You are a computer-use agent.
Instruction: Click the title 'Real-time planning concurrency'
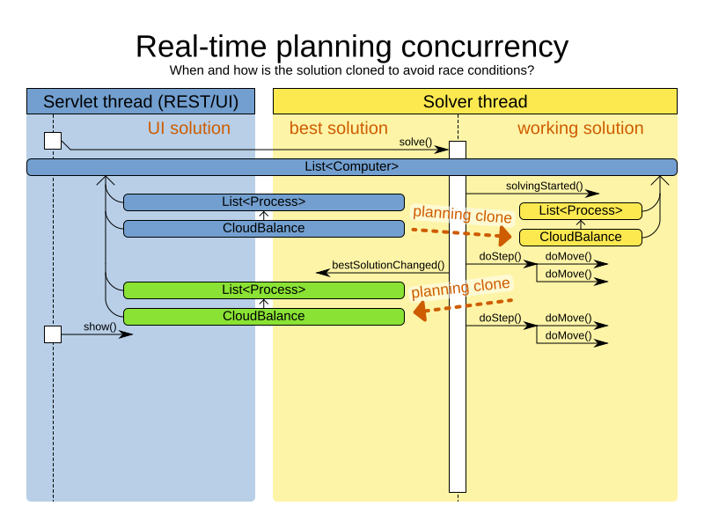[x=352, y=46]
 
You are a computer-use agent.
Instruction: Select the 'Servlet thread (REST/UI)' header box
[x=141, y=101]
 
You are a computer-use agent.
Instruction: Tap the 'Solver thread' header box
[x=475, y=101]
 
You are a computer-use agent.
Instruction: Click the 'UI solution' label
[x=188, y=128]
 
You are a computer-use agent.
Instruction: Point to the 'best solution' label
[x=338, y=128]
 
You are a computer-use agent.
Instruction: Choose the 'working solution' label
[x=580, y=128]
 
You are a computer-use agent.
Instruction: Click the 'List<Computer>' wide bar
[x=352, y=166]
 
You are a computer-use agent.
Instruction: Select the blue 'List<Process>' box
[x=263, y=202]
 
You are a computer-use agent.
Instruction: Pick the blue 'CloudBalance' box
[x=263, y=228]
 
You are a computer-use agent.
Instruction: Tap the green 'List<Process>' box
[x=263, y=290]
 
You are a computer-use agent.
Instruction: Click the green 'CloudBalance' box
[x=263, y=316]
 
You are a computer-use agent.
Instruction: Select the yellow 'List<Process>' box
[x=580, y=210]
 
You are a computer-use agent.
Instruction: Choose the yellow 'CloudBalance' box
[x=580, y=237]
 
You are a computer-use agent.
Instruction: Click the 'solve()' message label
[x=415, y=142]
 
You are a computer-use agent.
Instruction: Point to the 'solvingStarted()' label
[x=544, y=186]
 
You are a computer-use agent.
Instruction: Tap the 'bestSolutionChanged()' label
[x=387, y=265]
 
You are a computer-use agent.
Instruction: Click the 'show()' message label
[x=100, y=326]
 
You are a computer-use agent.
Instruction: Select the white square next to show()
[x=53, y=334]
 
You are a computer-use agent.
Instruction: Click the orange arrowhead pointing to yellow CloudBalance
[x=504, y=236]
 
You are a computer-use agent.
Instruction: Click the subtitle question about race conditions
[x=352, y=70]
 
